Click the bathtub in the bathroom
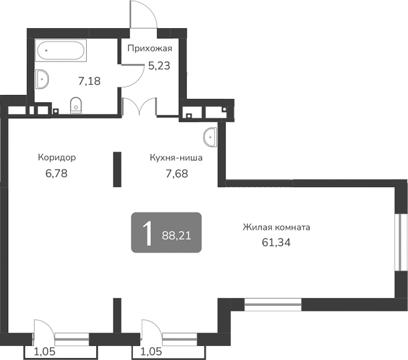click(60, 49)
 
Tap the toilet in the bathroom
click(76, 104)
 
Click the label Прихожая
click(150, 48)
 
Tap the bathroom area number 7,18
click(89, 81)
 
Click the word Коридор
click(56, 158)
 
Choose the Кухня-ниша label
click(176, 158)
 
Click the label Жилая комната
click(276, 227)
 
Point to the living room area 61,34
click(276, 242)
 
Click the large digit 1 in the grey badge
click(146, 233)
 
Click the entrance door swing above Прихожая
click(142, 15)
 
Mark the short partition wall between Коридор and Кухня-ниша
click(117, 170)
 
